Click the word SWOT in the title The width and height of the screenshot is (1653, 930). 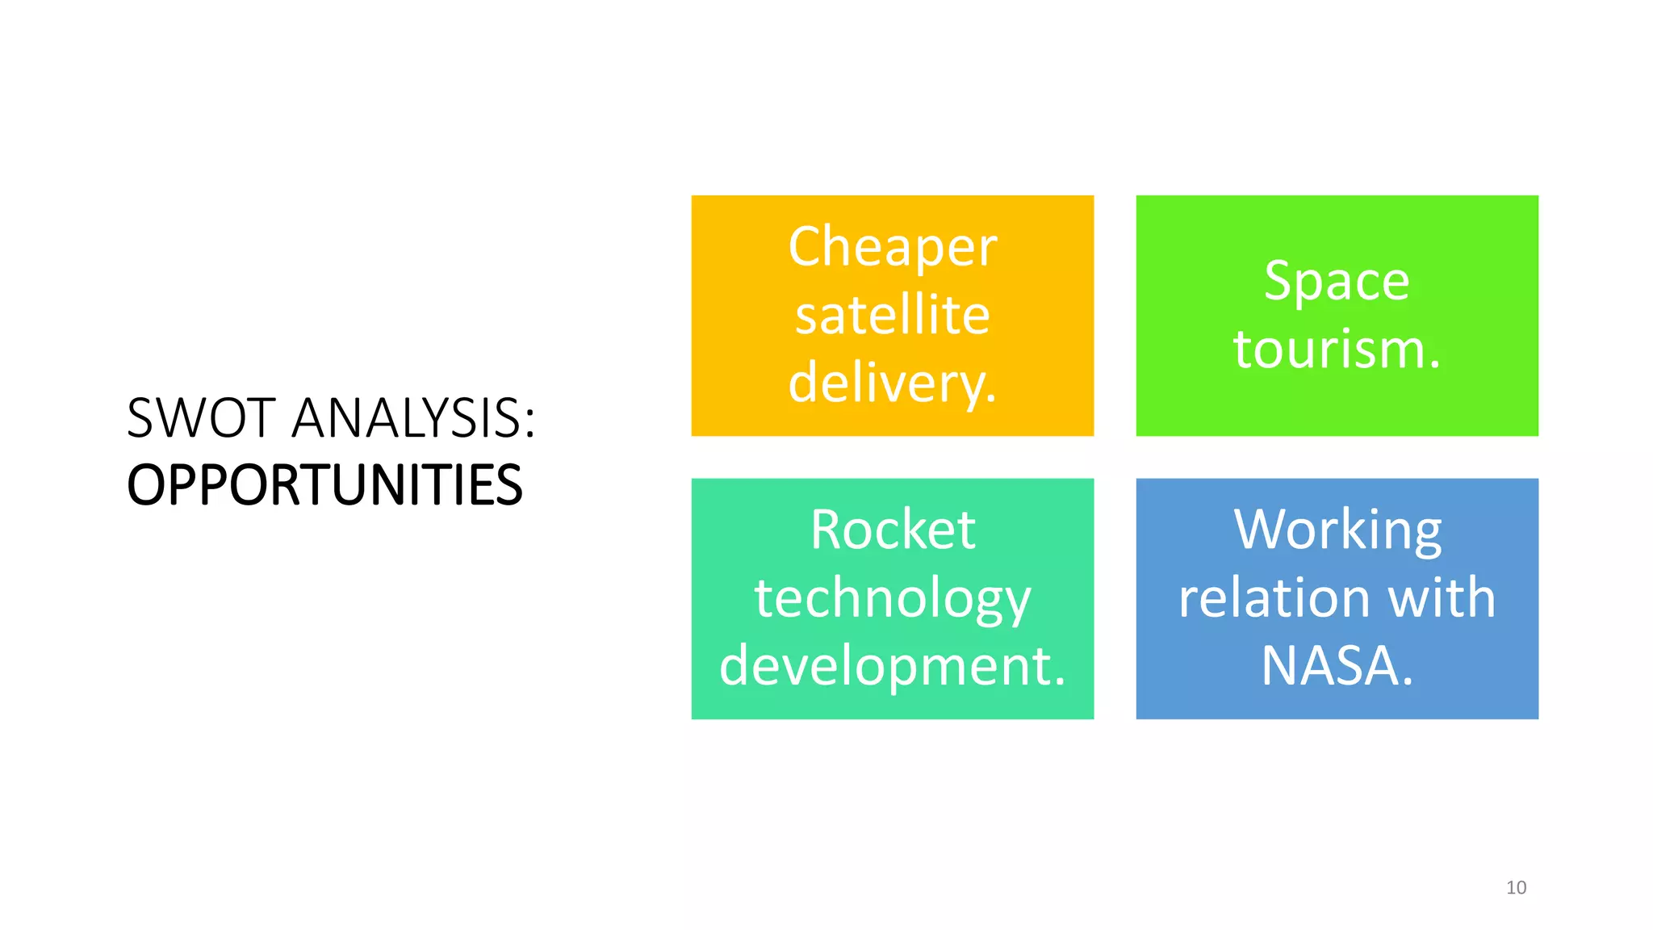(202, 418)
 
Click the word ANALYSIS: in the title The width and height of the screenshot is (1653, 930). (413, 418)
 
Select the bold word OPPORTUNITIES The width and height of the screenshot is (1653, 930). (324, 485)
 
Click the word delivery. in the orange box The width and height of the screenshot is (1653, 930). (892, 383)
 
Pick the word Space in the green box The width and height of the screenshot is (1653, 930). (1337, 281)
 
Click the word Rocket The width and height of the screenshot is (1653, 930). (892, 530)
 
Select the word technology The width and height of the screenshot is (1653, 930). (892, 598)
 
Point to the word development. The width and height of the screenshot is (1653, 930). (892, 666)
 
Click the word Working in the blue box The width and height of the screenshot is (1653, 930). (1337, 530)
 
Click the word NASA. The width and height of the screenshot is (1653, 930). (1337, 666)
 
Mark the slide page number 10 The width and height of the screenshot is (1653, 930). (1516, 887)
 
